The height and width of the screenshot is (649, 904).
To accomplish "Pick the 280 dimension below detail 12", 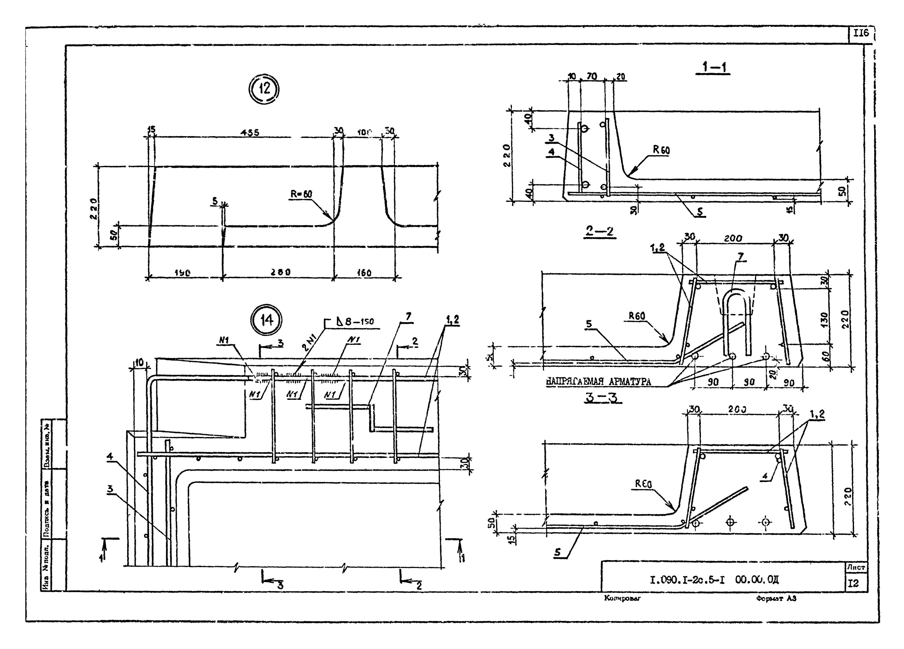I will click(281, 272).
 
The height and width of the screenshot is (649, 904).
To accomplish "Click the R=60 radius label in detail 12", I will click(301, 194).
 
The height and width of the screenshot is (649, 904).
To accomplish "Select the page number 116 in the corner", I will click(861, 33).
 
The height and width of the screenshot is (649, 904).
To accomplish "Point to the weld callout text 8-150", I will click(359, 321).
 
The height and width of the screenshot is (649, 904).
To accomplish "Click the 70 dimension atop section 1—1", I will click(592, 76).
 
